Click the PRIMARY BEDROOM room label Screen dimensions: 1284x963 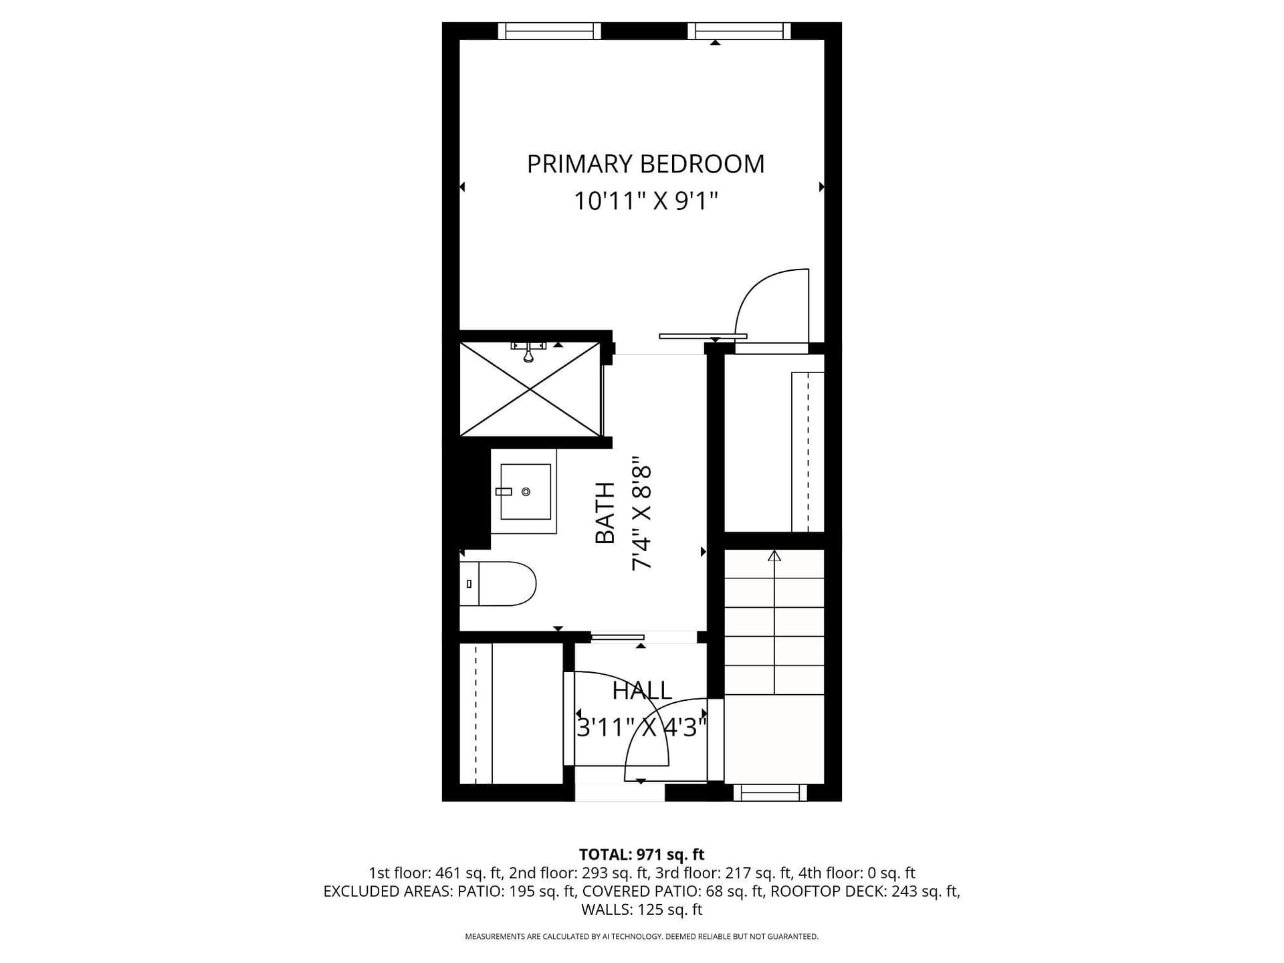pyautogui.click(x=645, y=164)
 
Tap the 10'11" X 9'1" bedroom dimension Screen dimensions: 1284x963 pyautogui.click(x=645, y=201)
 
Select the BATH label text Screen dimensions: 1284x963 pyautogui.click(x=605, y=513)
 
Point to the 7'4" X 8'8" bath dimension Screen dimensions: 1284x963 pyautogui.click(x=641, y=514)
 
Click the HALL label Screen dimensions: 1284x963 pyautogui.click(x=642, y=690)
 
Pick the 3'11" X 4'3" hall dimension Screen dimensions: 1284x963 pyautogui.click(x=642, y=727)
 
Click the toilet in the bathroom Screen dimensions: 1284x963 pyautogui.click(x=498, y=584)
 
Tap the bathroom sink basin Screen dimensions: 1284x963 pyautogui.click(x=526, y=492)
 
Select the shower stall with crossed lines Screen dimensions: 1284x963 pyautogui.click(x=530, y=389)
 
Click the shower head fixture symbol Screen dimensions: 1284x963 pyautogui.click(x=528, y=351)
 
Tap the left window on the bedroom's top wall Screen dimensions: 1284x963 pyautogui.click(x=550, y=31)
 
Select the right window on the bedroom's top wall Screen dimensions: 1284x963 pyautogui.click(x=739, y=31)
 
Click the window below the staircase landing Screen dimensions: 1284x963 pyautogui.click(x=770, y=792)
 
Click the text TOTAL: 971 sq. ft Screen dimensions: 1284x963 pyautogui.click(x=642, y=855)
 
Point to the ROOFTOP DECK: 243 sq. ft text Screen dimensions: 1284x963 pyautogui.click(x=866, y=891)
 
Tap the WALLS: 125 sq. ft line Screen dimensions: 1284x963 pyautogui.click(x=642, y=909)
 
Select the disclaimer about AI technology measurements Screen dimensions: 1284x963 pyautogui.click(x=642, y=937)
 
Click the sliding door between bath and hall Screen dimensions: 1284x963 pyautogui.click(x=617, y=637)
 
